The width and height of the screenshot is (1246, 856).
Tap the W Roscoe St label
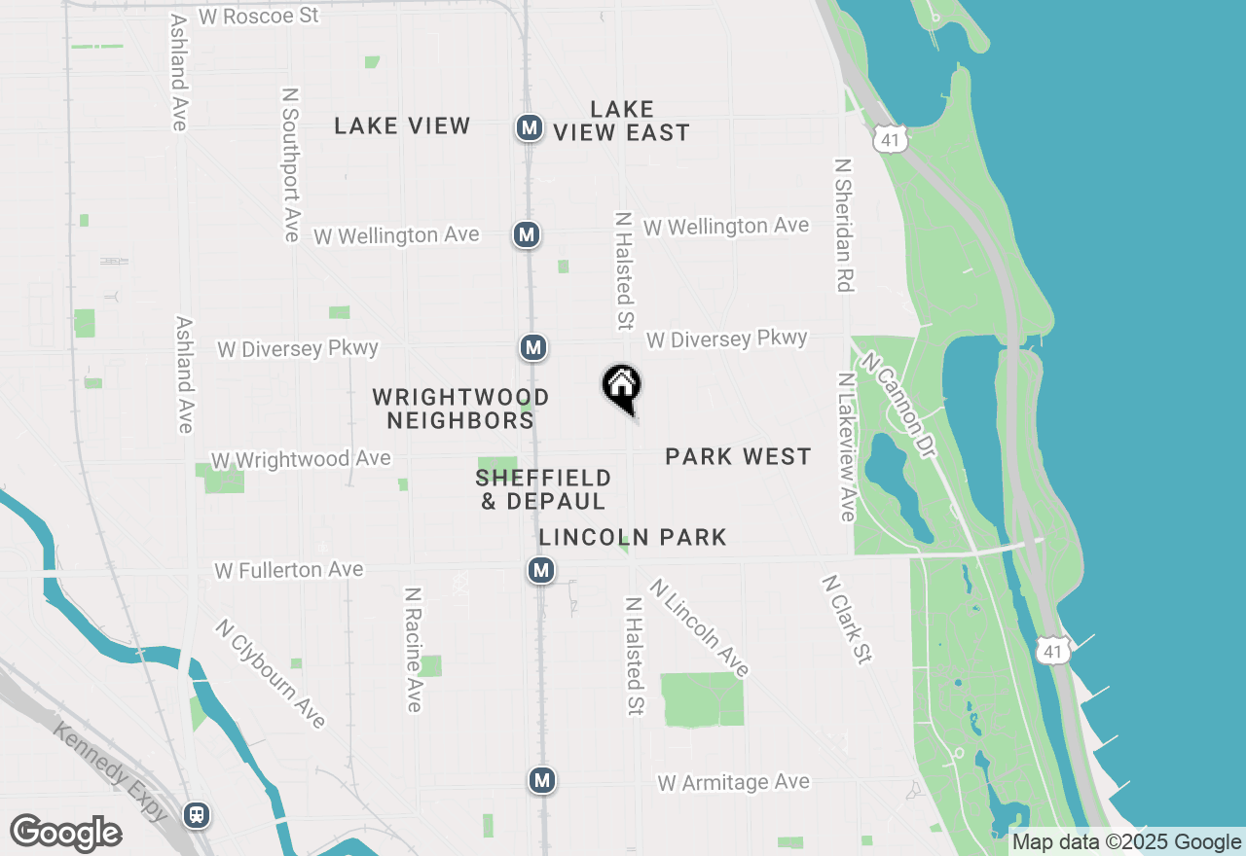[x=258, y=17]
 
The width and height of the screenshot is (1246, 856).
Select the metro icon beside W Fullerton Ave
[x=541, y=570]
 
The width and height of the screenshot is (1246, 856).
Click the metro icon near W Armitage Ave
[x=542, y=779]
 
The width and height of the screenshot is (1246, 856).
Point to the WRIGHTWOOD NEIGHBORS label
[x=460, y=409]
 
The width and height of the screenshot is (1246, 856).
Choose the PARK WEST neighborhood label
[x=738, y=456]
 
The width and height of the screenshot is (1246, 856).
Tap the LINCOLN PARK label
[x=633, y=537]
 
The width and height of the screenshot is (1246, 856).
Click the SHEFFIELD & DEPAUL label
[x=543, y=489]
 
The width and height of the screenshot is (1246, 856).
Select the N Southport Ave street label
[x=290, y=164]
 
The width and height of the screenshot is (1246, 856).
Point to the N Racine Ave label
[x=414, y=649]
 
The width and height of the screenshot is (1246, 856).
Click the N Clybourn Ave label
[x=271, y=673]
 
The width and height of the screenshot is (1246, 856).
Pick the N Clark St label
[x=846, y=620]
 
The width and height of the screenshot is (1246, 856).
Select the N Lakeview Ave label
[x=846, y=445]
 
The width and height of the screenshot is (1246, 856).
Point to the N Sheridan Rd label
[x=844, y=225]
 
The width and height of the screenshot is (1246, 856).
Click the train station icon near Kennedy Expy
[x=198, y=814]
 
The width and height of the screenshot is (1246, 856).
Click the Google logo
[x=65, y=834]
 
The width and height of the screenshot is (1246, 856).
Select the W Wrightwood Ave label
[x=301, y=459]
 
